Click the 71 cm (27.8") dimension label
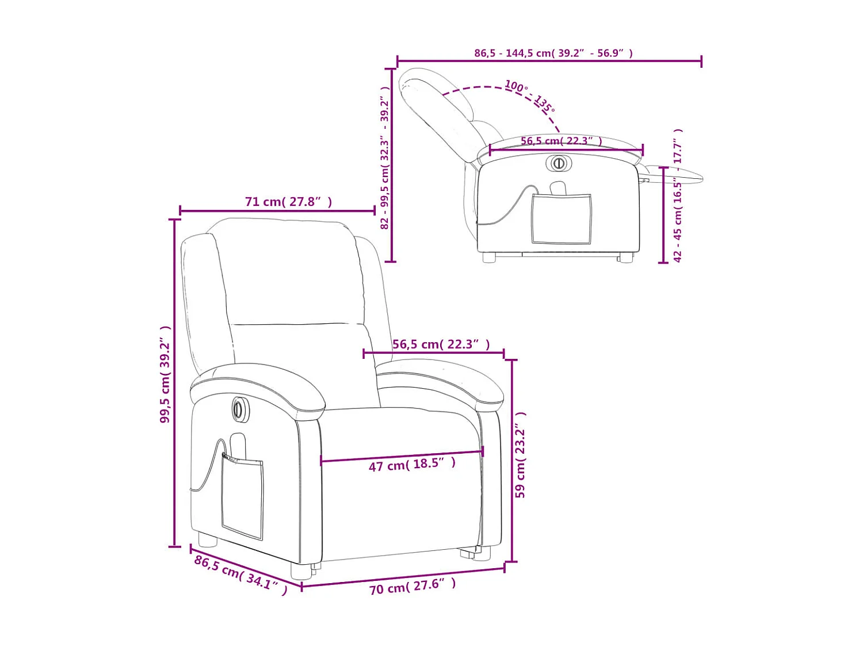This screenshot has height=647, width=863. [288, 202]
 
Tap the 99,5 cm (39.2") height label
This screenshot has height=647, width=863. [165, 374]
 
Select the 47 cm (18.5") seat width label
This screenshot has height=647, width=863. [412, 464]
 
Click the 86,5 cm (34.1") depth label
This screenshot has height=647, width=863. [240, 575]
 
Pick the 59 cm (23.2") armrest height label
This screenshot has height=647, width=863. [520, 455]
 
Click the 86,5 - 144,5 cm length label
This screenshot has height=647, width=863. [553, 53]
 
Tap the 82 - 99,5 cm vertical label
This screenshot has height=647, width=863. [385, 158]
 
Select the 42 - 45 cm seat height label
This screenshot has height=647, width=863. [678, 196]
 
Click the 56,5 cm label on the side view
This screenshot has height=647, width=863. [561, 141]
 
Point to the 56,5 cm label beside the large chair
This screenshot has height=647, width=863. [441, 344]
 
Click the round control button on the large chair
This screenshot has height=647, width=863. [240, 409]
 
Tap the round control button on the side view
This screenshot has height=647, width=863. [558, 163]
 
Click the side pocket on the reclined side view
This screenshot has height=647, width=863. [561, 219]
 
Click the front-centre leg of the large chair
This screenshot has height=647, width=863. [300, 570]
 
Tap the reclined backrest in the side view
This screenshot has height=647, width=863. [440, 112]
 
